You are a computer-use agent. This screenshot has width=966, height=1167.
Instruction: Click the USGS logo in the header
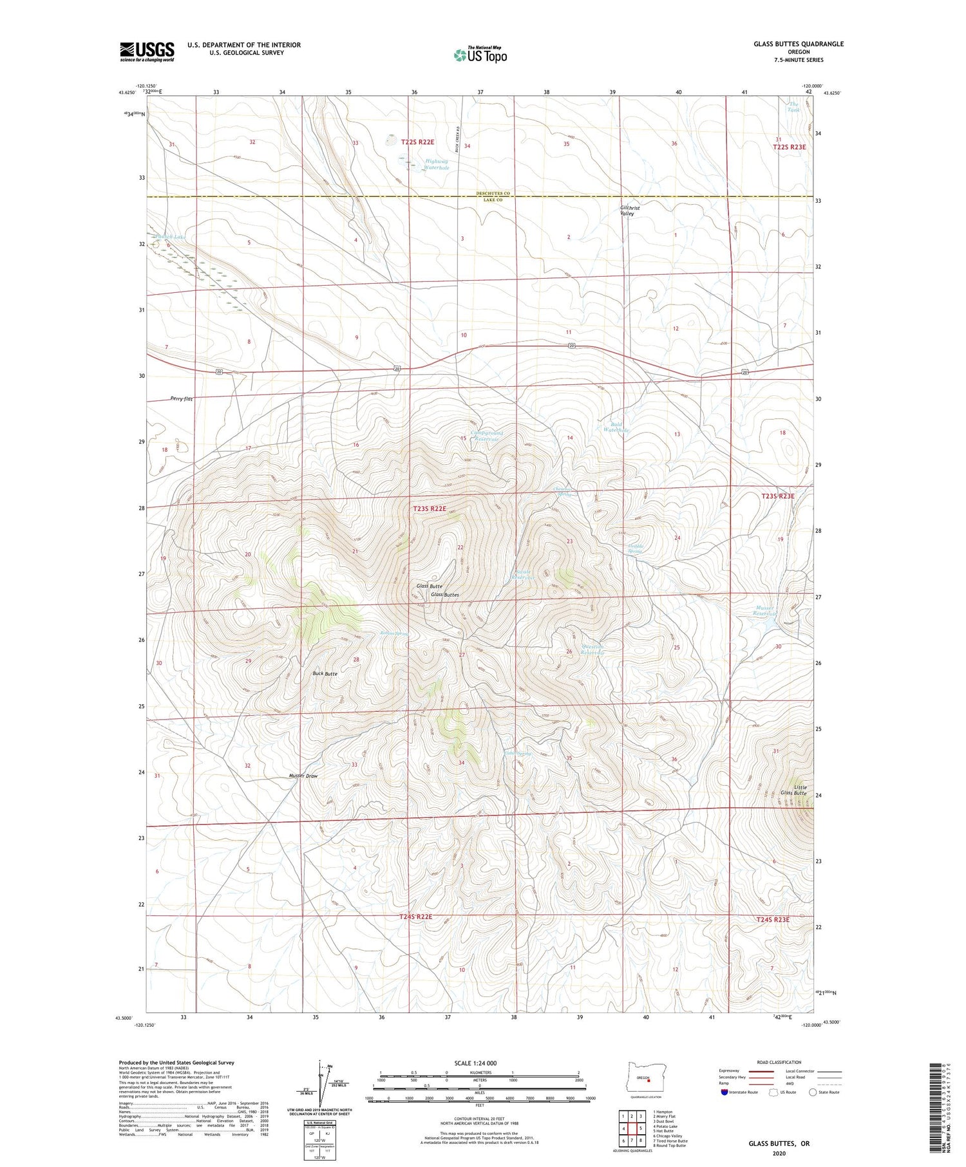147,51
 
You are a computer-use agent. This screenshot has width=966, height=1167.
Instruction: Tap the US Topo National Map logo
480,55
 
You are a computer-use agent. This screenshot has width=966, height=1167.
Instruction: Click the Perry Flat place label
182,398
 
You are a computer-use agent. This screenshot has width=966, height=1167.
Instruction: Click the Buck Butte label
325,673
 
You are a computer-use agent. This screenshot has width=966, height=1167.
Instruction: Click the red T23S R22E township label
430,509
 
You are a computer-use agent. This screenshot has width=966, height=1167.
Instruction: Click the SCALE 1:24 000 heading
476,1063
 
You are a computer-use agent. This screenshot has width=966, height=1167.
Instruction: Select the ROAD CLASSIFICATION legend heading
779,1062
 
